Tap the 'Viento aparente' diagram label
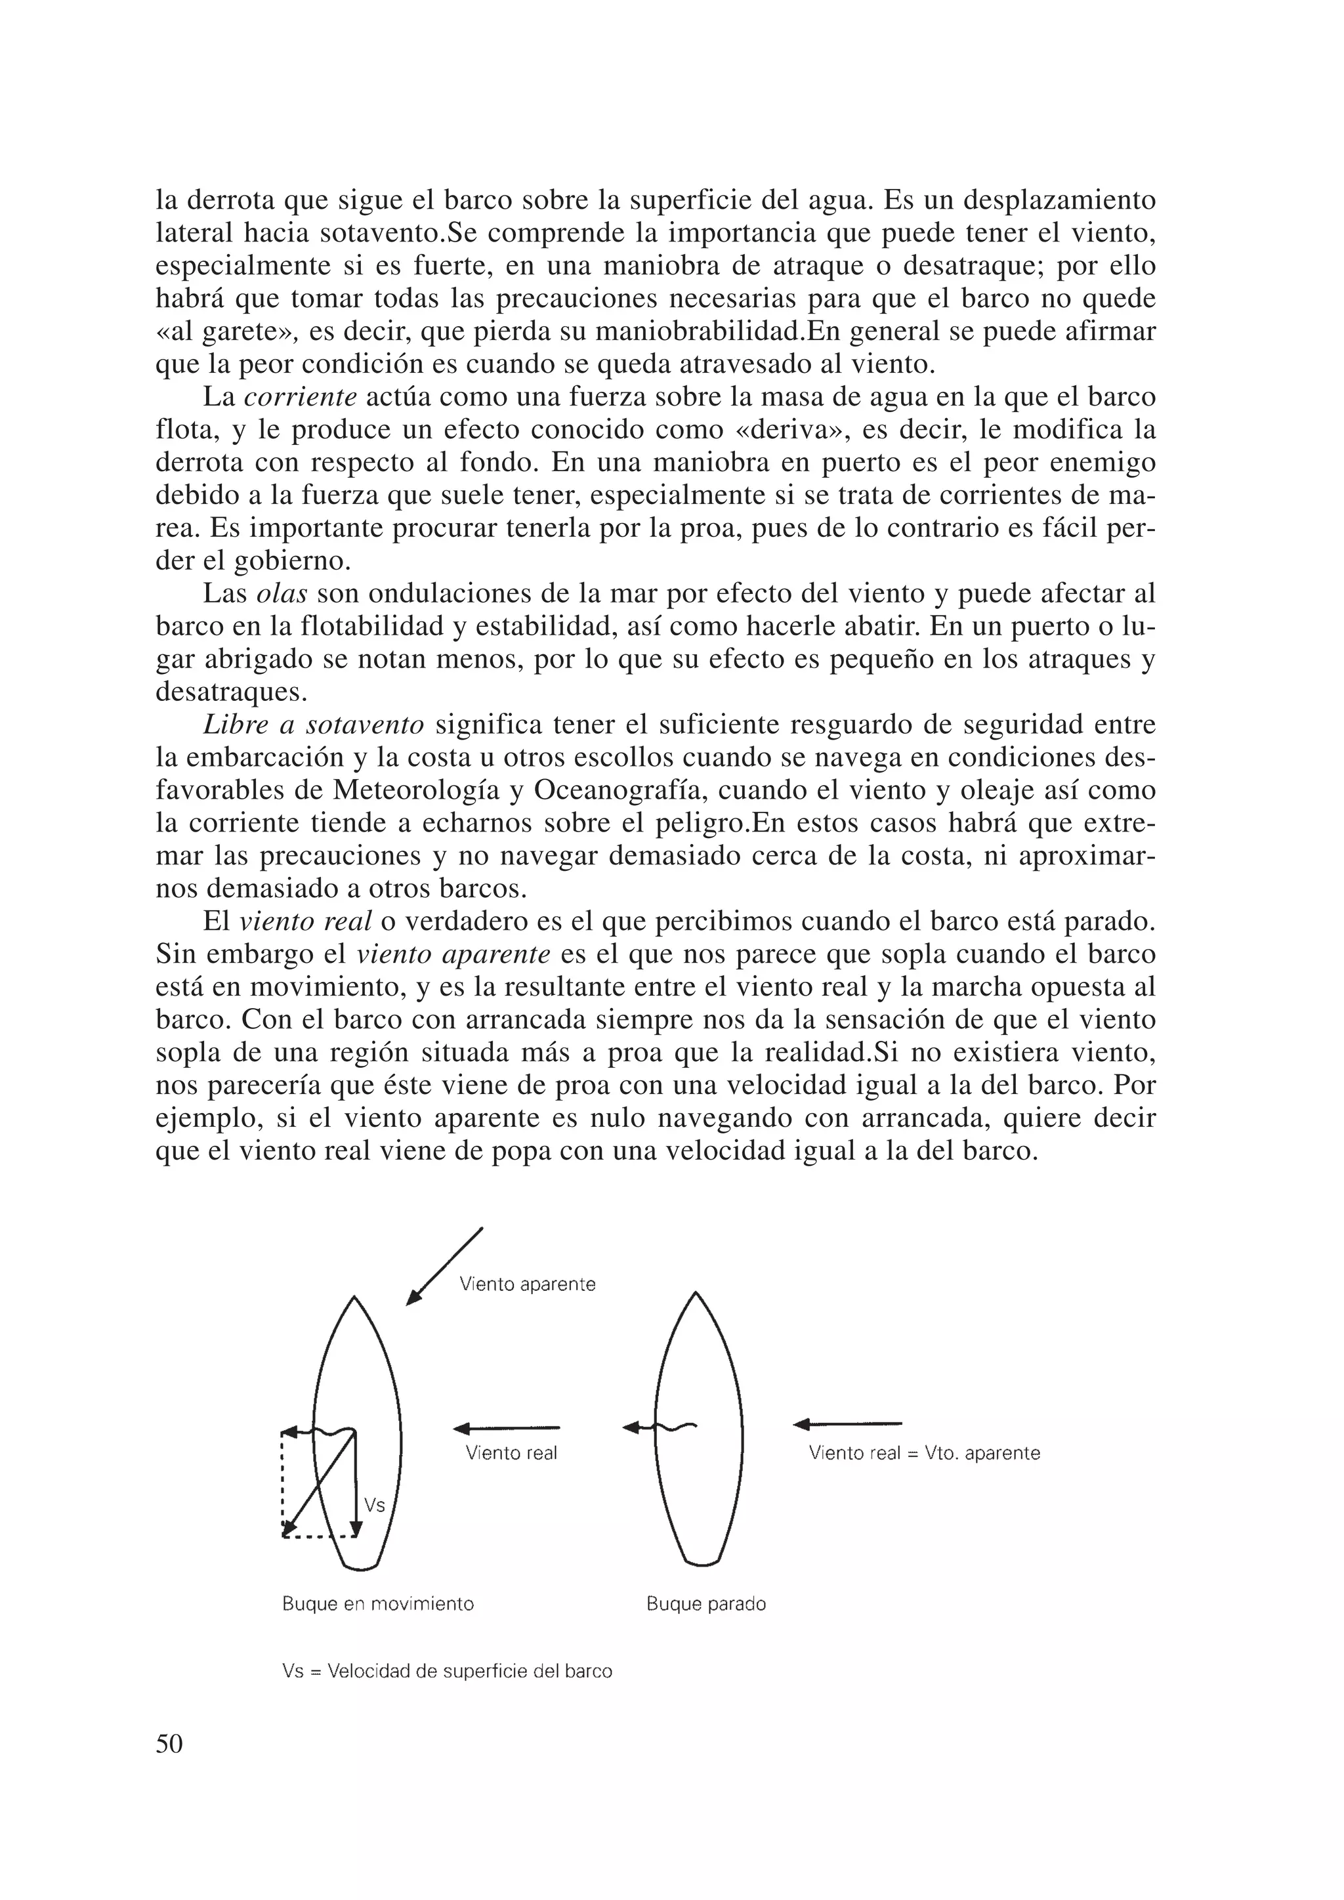(527, 1284)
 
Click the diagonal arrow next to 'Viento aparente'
(444, 1266)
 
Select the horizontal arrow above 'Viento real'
(507, 1428)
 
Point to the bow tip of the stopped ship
(695, 1294)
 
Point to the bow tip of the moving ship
(354, 1298)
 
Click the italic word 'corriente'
(301, 397)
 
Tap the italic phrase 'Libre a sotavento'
(314, 725)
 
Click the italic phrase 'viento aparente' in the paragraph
(453, 954)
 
